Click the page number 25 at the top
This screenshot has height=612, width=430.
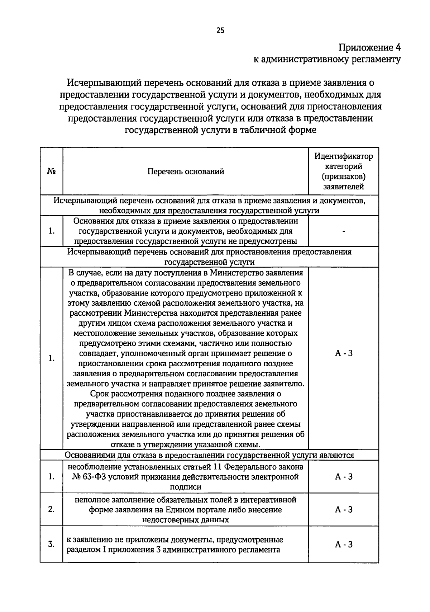220,30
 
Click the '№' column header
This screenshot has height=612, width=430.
52,171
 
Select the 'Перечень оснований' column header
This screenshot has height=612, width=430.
186,171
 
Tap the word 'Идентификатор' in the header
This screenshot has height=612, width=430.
343,156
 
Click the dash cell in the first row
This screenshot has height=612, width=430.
343,231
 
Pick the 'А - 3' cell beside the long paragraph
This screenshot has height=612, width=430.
343,353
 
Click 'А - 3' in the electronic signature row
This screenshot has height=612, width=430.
343,477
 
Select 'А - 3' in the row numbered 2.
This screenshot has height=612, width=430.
343,509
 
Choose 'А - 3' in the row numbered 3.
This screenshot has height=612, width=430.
343,544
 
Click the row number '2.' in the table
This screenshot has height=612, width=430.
52,509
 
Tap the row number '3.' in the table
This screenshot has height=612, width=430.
52,544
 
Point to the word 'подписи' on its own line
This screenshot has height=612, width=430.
185,487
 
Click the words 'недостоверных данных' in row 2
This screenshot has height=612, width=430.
185,519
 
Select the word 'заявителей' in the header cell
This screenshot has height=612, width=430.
343,187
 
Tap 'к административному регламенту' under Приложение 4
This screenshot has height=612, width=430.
327,59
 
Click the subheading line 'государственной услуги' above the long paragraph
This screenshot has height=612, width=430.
210,262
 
